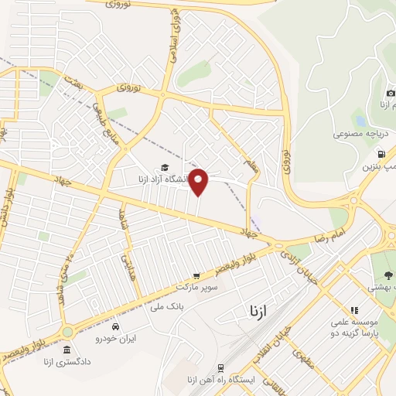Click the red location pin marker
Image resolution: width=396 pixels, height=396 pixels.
pos(199,181)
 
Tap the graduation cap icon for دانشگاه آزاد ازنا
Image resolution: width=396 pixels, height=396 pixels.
pos(164,168)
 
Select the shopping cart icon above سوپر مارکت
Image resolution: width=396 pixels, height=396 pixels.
pos(196,275)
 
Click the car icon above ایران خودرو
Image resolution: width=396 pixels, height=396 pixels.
pos(115,326)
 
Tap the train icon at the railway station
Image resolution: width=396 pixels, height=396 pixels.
pos(221,368)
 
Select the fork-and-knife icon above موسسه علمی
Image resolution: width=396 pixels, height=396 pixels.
pos(354,310)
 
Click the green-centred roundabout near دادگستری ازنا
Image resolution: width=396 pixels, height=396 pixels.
pos(67,331)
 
